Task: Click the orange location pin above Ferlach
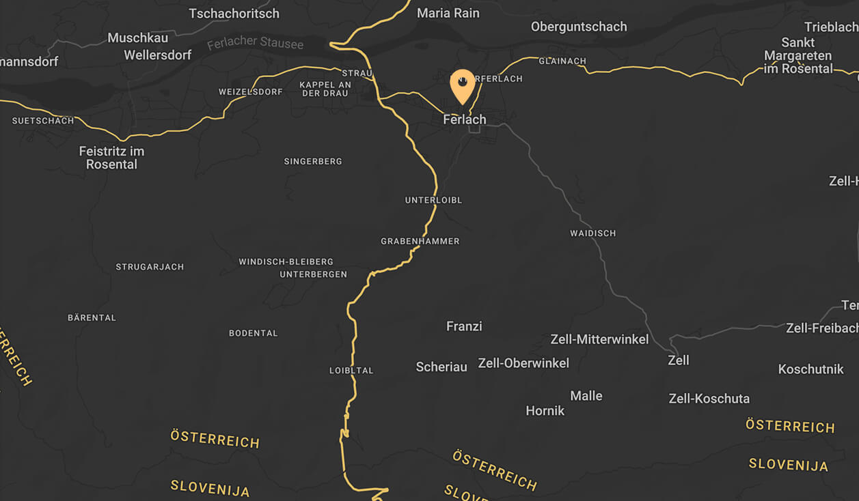click(463, 85)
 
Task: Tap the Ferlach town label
click(465, 119)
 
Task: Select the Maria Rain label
click(448, 13)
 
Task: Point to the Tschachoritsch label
click(234, 14)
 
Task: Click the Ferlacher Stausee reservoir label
click(255, 43)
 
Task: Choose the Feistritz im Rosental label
click(111, 158)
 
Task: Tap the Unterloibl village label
click(433, 200)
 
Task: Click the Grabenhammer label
click(420, 241)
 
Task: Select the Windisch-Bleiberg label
click(286, 261)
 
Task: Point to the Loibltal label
click(351, 371)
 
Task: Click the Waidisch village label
click(593, 233)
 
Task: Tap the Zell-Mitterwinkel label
click(599, 339)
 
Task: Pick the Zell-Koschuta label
click(709, 399)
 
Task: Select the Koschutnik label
click(811, 369)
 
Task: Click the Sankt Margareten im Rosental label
click(798, 55)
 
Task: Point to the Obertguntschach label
click(579, 27)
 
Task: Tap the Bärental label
click(92, 317)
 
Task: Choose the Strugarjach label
click(150, 267)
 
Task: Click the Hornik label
click(545, 411)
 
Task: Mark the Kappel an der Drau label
click(325, 89)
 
